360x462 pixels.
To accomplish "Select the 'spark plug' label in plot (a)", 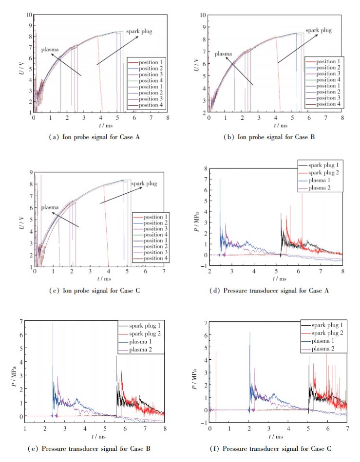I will click(x=139, y=32).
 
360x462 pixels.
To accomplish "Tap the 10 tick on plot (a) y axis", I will click(x=29, y=16).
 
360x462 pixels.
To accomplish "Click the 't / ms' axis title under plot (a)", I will click(x=100, y=125).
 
